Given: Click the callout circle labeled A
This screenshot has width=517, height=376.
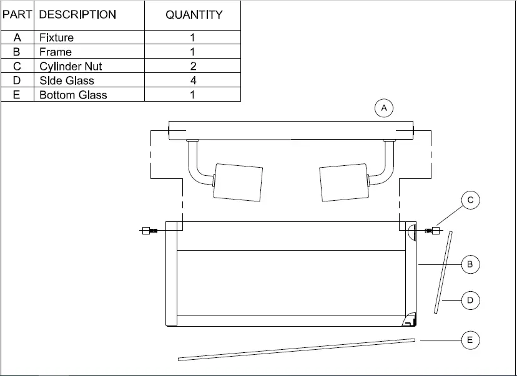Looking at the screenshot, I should pyautogui.click(x=384, y=108).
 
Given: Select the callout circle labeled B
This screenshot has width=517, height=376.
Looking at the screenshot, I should pyautogui.click(x=470, y=264).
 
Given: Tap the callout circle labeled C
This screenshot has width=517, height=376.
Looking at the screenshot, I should pyautogui.click(x=470, y=200).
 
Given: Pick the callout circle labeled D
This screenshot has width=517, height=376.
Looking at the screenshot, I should pyautogui.click(x=470, y=301).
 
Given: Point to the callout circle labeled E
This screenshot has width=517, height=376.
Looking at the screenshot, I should pyautogui.click(x=470, y=340).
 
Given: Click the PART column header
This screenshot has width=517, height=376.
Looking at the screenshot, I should pyautogui.click(x=17, y=14).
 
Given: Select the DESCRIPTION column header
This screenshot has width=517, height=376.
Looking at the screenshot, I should pyautogui.click(x=77, y=14).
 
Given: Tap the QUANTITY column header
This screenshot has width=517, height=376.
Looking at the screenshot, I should pyautogui.click(x=194, y=14).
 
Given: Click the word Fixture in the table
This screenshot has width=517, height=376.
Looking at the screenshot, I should pyautogui.click(x=56, y=37).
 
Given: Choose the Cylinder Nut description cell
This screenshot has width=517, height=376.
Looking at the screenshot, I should pyautogui.click(x=71, y=66).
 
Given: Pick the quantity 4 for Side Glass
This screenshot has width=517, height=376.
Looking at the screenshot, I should pyautogui.click(x=193, y=80).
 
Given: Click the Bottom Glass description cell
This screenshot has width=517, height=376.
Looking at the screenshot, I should pyautogui.click(x=73, y=95).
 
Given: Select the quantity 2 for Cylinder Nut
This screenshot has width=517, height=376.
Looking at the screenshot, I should pyautogui.click(x=193, y=66).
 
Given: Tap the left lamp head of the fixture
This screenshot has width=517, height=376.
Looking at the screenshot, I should pyautogui.click(x=237, y=183).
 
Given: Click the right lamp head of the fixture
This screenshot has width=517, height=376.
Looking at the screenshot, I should pyautogui.click(x=343, y=183).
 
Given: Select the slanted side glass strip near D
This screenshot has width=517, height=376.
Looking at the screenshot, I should pyautogui.click(x=443, y=273).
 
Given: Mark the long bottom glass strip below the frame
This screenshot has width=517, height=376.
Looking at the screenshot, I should pyautogui.click(x=297, y=349).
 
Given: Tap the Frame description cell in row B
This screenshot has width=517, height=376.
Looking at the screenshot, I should pyautogui.click(x=56, y=52).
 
